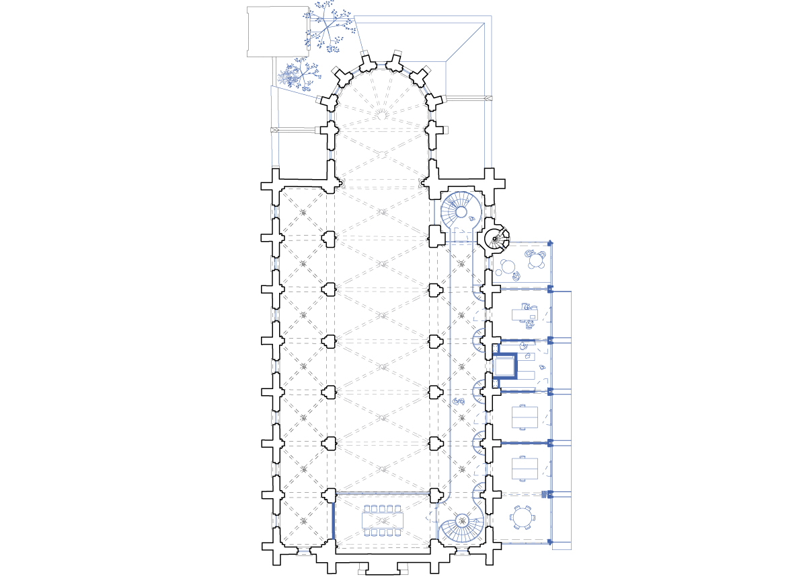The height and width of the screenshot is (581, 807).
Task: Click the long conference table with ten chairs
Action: tap(381, 520)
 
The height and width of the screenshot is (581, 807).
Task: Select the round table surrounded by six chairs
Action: tap(523, 518)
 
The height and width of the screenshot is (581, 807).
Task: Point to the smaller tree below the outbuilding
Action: tap(296, 75)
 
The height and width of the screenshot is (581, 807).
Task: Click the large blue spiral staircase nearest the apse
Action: tap(461, 211)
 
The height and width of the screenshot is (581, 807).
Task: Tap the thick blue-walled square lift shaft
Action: tap(505, 366)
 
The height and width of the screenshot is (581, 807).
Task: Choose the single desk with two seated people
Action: tap(525, 313)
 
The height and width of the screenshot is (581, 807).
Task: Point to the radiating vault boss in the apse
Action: tap(381, 112)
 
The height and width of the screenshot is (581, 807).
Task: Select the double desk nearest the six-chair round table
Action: tap(525, 467)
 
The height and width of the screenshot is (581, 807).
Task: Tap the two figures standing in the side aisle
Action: tap(460, 401)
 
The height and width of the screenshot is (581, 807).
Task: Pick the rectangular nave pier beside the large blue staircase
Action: tap(436, 236)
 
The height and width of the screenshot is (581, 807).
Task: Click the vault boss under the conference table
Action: tap(381, 520)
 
